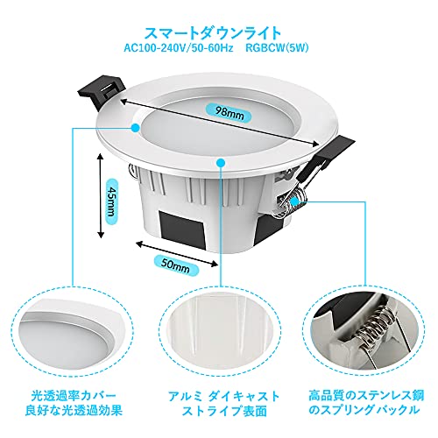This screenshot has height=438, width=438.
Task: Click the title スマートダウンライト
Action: tap(213, 33)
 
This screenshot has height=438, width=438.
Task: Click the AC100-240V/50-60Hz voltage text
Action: tap(179, 48)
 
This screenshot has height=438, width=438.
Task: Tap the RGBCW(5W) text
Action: tap(277, 48)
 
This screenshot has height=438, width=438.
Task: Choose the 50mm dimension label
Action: tap(176, 265)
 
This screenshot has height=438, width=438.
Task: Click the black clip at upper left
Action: tap(101, 91)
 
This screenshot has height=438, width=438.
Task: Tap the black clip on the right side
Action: tap(330, 156)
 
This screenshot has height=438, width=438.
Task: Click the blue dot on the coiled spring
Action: tap(294, 201)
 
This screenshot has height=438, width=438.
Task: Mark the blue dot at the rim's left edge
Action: tap(135, 127)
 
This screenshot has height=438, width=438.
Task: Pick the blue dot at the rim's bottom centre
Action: tap(221, 162)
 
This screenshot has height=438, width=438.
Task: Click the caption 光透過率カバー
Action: tap(74, 396)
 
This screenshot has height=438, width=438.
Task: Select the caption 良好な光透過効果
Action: tap(74, 410)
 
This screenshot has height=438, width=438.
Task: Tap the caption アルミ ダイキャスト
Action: tap(223, 396)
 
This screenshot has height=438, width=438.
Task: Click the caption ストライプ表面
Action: tap(224, 411)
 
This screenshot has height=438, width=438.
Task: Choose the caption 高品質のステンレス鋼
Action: tap(366, 396)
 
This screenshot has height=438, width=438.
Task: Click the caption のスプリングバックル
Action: tap(364, 410)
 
